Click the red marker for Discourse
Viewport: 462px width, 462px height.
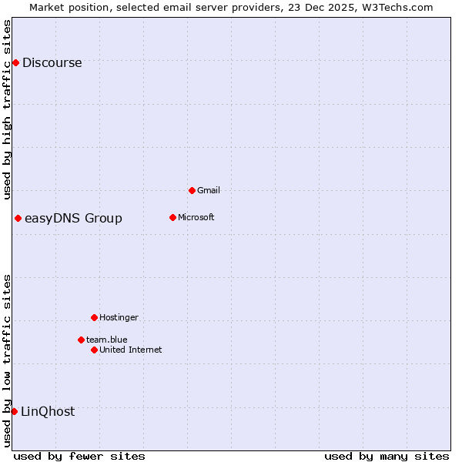[15, 62]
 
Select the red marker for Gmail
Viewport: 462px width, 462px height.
[192, 190]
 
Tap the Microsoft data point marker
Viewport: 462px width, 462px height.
[172, 217]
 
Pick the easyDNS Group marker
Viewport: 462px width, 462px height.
[18, 218]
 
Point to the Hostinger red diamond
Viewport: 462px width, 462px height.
[94, 317]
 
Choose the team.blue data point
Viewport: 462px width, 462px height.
[81, 340]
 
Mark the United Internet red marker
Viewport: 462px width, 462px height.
[94, 350]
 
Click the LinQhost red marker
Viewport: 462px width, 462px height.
[14, 411]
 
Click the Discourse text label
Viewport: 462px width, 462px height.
[52, 63]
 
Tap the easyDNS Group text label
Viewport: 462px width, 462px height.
[73, 219]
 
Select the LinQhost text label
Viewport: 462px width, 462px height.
[48, 412]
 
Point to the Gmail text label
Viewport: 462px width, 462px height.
[209, 190]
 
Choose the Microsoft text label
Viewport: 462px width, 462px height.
[196, 217]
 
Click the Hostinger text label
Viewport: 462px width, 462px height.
[119, 317]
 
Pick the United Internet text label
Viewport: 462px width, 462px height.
[130, 350]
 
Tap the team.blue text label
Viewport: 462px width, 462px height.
[106, 340]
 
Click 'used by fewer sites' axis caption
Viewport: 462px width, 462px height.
[79, 456]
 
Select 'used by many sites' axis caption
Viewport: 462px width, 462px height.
[387, 456]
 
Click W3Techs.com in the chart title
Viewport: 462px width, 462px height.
[397, 8]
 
